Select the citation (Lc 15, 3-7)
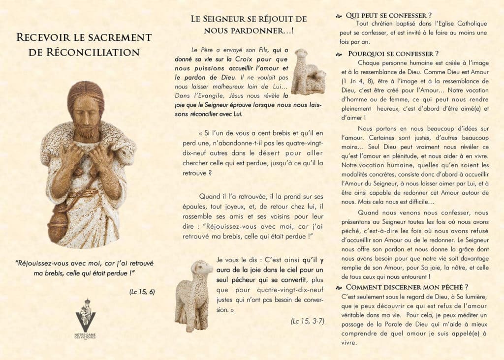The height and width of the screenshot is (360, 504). pos(307,322)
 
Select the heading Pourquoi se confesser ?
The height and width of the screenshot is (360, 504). pos(393,54)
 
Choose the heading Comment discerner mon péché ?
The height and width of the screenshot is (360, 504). pos(407,287)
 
